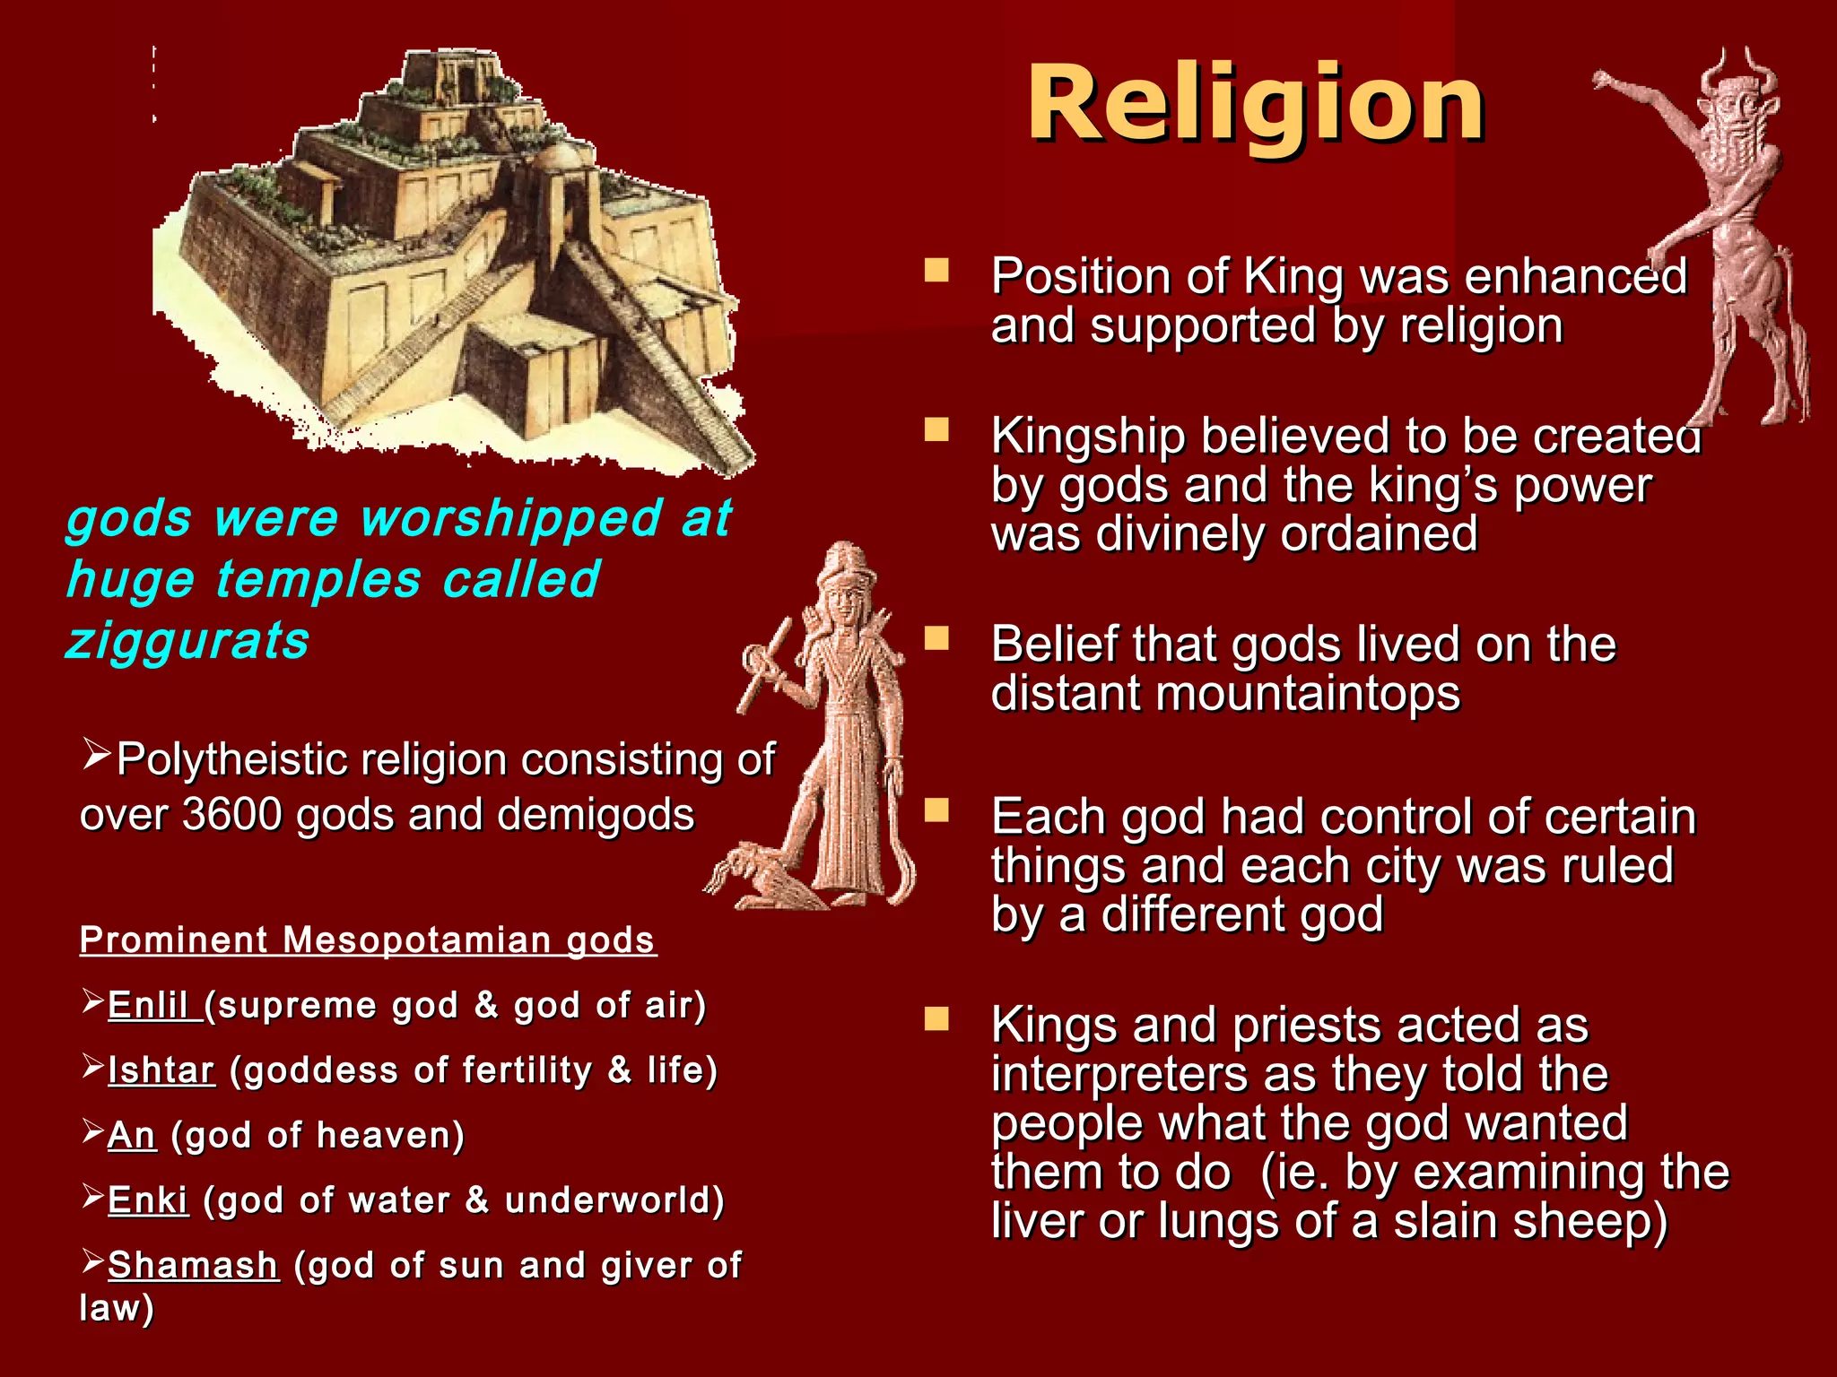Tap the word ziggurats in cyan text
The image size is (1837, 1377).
click(x=187, y=642)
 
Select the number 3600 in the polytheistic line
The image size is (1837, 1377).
click(x=232, y=815)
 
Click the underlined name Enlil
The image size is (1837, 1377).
click(x=148, y=1006)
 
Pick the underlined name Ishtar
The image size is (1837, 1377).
click(x=161, y=1070)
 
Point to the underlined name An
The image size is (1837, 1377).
click(x=132, y=1136)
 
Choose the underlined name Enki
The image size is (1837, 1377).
click(x=148, y=1200)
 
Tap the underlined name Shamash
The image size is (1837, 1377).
click(x=193, y=1266)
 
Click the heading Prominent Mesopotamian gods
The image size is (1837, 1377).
click(x=368, y=940)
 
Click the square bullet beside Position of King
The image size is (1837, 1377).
click(x=936, y=271)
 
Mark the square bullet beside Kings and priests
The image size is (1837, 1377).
click(x=936, y=1019)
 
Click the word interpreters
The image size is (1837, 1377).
click(x=1119, y=1075)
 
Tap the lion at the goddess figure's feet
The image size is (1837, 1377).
click(x=758, y=874)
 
